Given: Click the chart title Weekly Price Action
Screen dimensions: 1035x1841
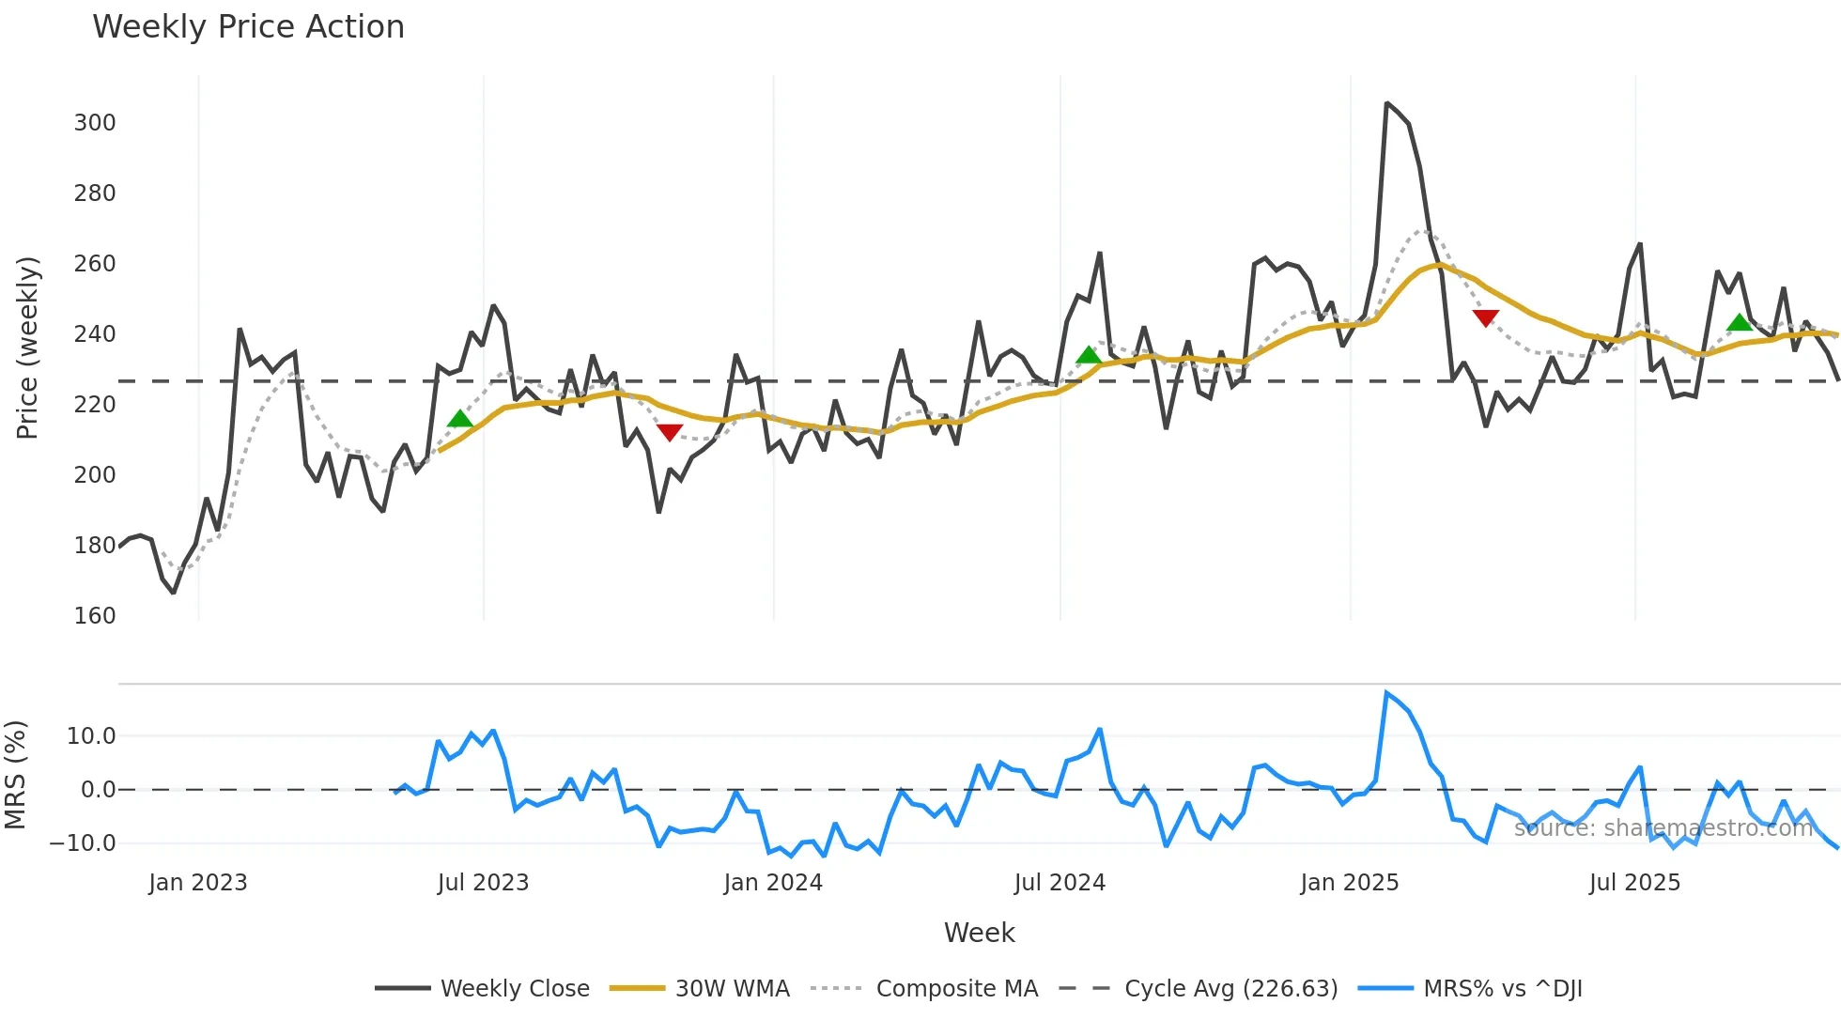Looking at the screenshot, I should (x=248, y=27).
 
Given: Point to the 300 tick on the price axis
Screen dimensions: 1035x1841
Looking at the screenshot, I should (x=95, y=123).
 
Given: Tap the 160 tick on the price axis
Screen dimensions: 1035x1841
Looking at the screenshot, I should (x=95, y=616).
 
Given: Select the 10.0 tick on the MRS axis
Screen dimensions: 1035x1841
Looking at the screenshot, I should (x=91, y=736).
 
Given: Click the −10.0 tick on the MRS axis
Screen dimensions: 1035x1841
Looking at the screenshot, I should (x=83, y=843).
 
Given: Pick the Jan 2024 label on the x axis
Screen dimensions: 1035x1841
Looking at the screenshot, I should (x=773, y=883).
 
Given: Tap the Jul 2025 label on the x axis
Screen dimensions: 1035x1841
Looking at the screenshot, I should (x=1634, y=883).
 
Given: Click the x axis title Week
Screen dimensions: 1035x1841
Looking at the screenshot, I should (x=979, y=933).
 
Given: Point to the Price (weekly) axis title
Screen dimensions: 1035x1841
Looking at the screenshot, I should (x=28, y=348).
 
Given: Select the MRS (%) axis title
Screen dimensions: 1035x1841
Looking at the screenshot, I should (x=15, y=775).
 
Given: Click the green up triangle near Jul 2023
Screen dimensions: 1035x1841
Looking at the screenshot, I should (x=460, y=419).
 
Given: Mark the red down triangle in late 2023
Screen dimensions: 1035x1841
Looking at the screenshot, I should (x=670, y=432).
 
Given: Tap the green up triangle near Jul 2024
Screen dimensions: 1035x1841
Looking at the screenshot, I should (x=1089, y=355).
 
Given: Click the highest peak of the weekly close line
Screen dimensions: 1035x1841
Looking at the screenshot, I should (x=1386, y=103).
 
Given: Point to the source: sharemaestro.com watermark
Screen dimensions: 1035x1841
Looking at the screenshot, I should (x=1663, y=828).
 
